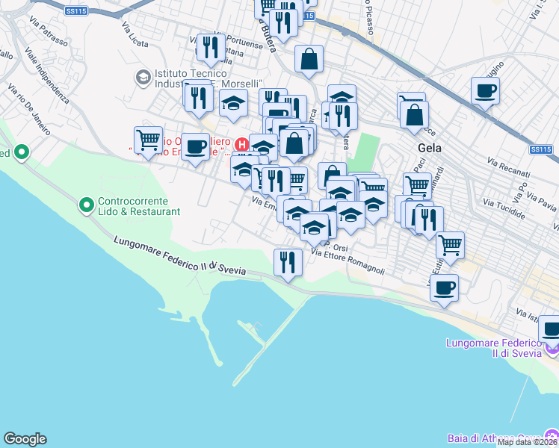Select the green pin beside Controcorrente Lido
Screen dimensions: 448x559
click(87, 202)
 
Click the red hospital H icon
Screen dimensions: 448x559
click(241, 143)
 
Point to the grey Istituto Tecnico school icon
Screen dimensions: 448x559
click(142, 77)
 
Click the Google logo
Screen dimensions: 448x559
click(25, 439)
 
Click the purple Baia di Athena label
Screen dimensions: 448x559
click(493, 438)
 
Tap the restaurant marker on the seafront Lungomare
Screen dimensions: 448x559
click(287, 262)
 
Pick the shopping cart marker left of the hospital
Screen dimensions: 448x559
click(148, 140)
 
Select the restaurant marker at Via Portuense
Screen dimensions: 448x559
click(211, 48)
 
